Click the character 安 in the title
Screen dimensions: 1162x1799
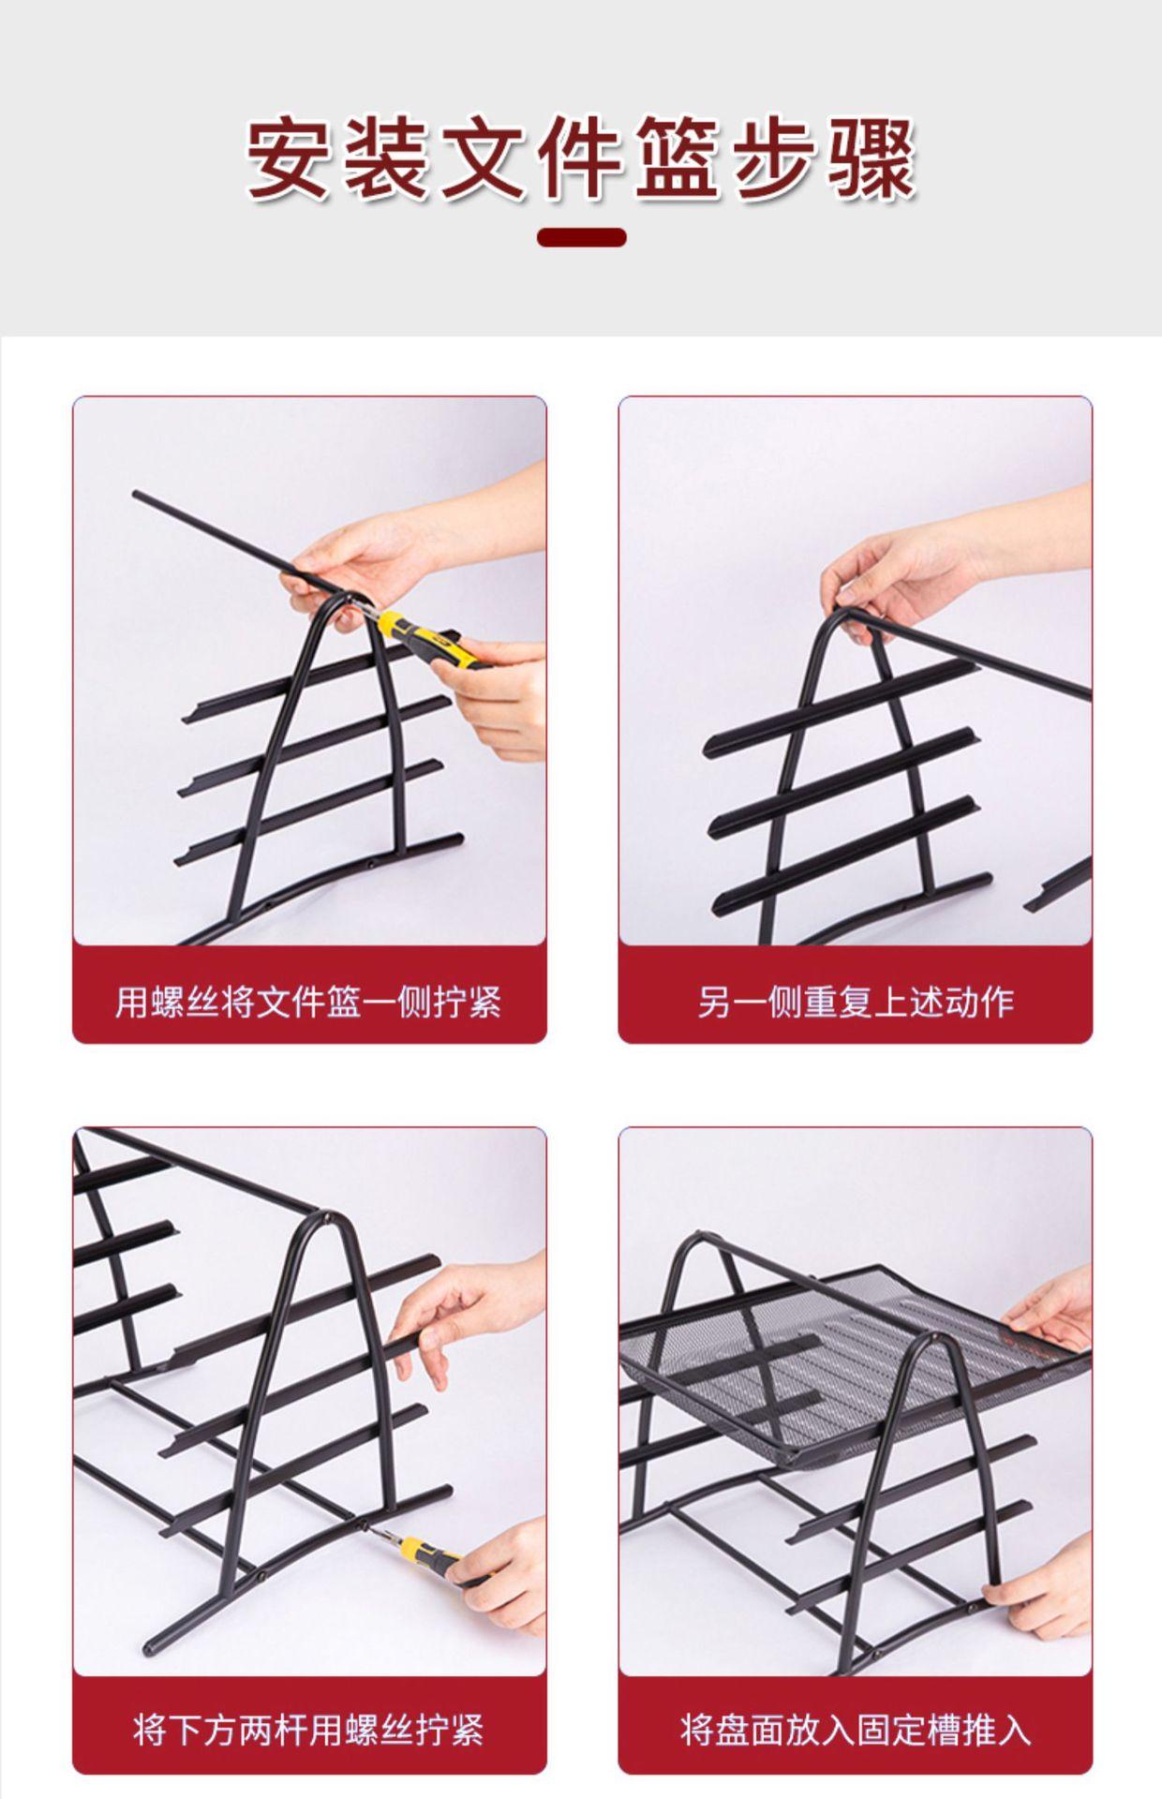pos(289,157)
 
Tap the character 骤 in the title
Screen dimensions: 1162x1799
pos(873,157)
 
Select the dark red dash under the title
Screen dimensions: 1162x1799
pos(581,237)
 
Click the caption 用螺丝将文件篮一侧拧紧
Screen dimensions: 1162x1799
pos(308,1002)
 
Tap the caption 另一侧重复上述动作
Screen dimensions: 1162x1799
pos(856,1002)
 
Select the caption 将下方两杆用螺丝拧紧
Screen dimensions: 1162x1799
pos(308,1729)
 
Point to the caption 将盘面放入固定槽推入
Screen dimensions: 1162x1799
pos(856,1729)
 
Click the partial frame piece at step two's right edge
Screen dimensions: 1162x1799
pos(1059,885)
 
